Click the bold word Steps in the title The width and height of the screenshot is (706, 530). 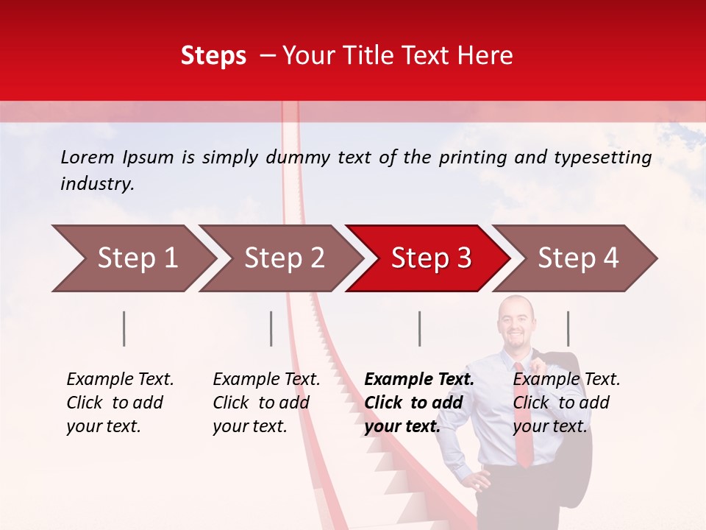coord(213,56)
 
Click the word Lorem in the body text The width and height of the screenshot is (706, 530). coord(88,157)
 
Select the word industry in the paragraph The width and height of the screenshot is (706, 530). coord(96,184)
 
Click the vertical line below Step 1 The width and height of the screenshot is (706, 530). coord(124,328)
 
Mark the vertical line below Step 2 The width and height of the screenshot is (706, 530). coord(271,328)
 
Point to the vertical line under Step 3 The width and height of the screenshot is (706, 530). coord(420,328)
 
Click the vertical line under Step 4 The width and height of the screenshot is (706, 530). coord(568,328)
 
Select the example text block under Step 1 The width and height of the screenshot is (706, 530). coord(120,403)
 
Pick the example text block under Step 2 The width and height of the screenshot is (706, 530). coord(266,403)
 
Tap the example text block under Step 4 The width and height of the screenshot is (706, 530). coord(566,403)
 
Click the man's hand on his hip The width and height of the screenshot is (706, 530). coord(480,482)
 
